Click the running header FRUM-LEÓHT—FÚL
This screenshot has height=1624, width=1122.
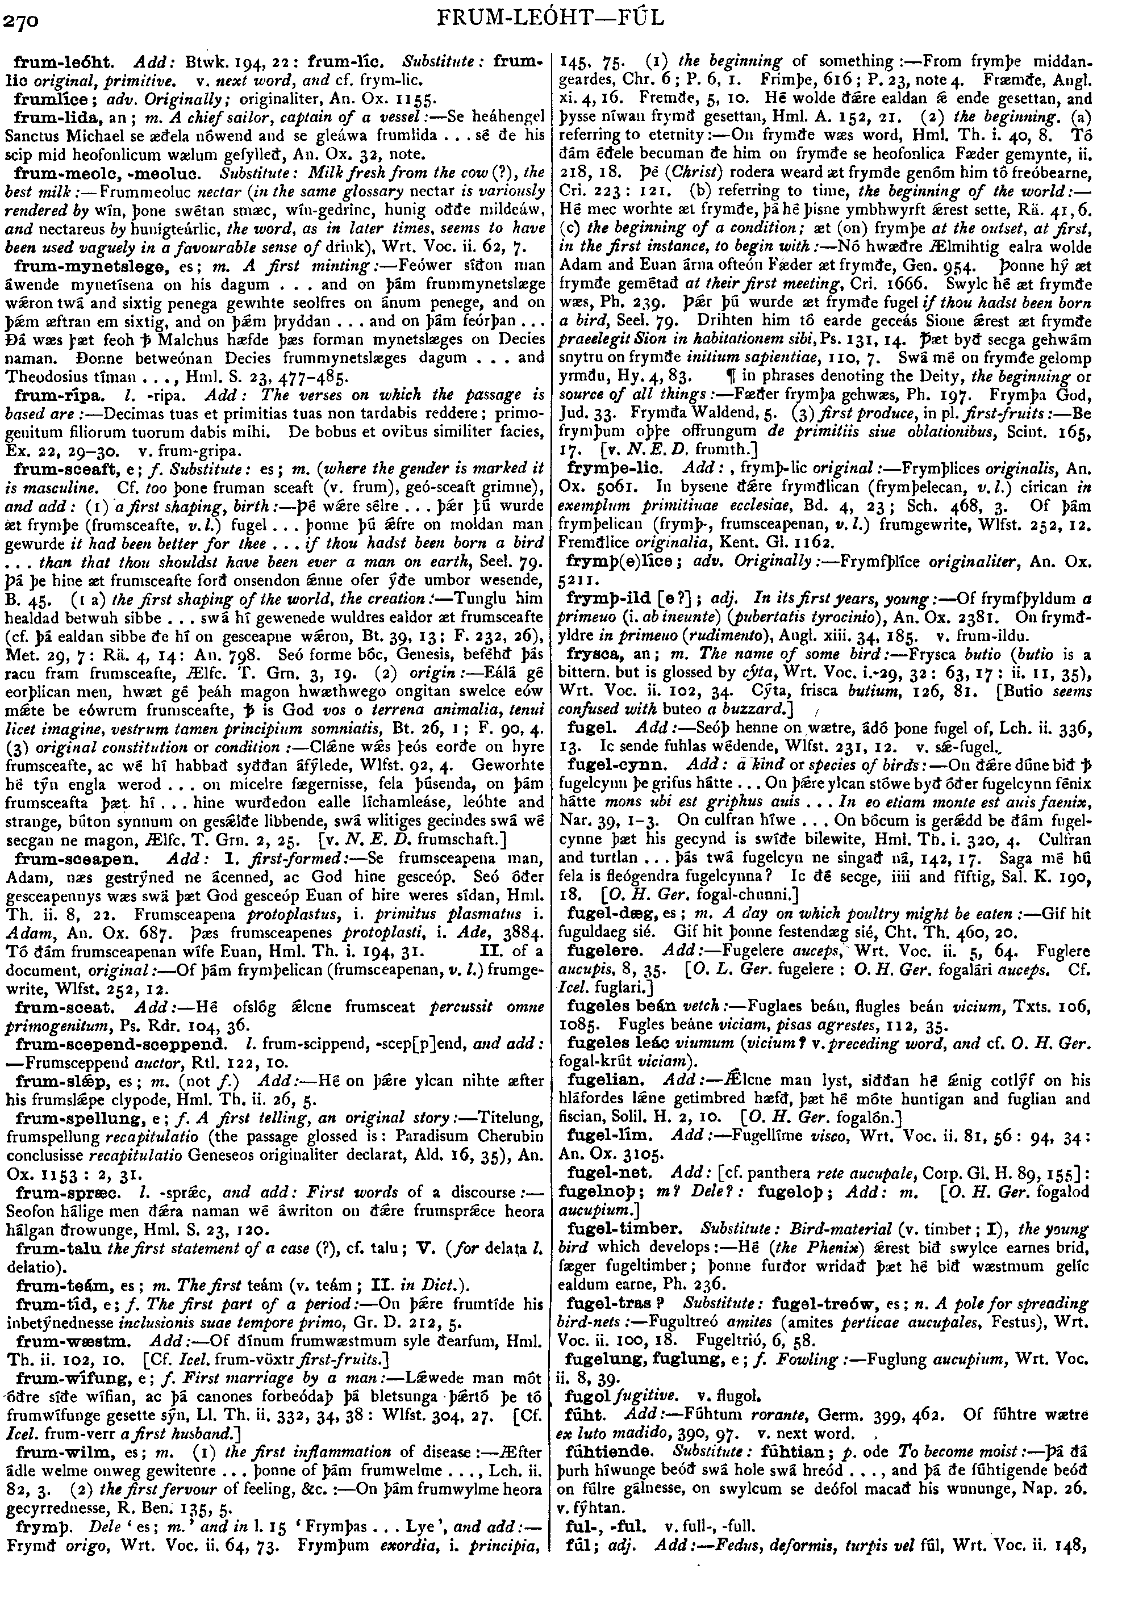pyautogui.click(x=560, y=18)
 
